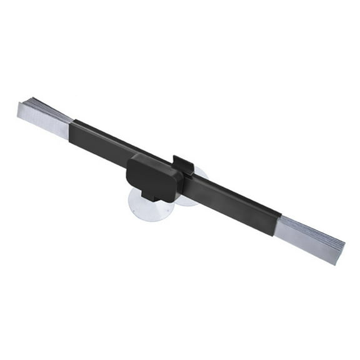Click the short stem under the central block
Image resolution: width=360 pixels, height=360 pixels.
click(149, 194)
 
